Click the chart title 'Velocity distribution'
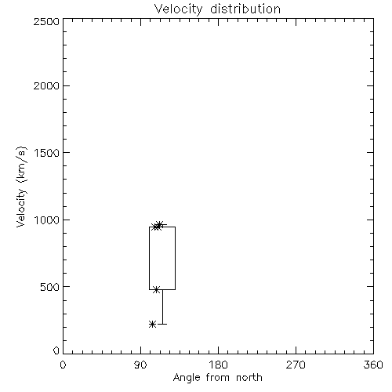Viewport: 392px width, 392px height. (217, 9)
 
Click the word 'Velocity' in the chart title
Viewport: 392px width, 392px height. (178, 9)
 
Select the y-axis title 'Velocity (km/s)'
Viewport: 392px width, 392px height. (21, 187)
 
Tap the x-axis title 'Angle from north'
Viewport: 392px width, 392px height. (217, 378)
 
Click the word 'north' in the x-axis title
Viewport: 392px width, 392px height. (249, 378)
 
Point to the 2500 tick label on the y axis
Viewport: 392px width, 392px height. (46, 21)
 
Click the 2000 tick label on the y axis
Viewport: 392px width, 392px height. (46, 85)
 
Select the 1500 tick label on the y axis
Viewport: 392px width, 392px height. (47, 153)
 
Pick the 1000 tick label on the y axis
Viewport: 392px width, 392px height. (47, 220)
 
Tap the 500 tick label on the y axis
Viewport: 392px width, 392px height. (50, 287)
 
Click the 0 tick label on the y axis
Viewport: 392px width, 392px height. (56, 350)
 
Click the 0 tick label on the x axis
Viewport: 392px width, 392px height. (63, 365)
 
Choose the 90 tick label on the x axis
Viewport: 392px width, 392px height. (140, 365)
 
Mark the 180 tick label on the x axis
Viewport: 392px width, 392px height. (218, 365)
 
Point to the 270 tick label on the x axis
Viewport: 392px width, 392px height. (296, 365)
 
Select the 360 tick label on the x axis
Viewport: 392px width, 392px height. (373, 365)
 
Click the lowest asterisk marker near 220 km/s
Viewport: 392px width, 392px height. (152, 325)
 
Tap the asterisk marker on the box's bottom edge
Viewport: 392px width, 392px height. (156, 289)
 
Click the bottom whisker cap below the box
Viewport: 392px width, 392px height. (162, 324)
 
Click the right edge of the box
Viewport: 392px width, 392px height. (175, 258)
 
